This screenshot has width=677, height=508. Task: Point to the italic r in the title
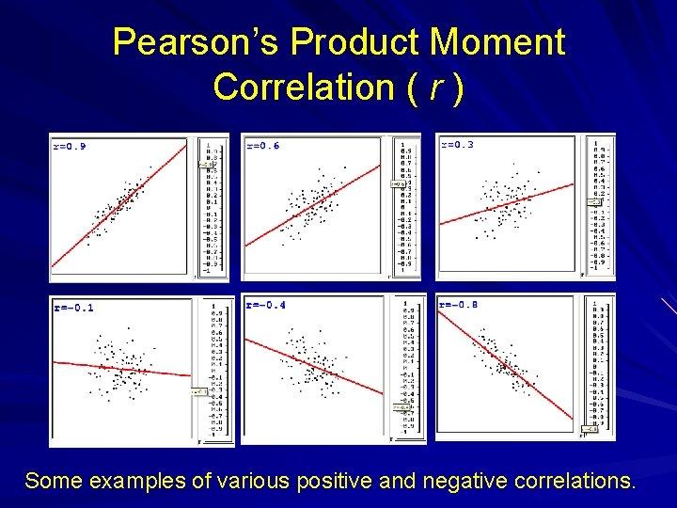point(435,87)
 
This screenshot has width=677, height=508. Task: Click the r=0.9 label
point(70,146)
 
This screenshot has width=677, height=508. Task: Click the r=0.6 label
point(262,146)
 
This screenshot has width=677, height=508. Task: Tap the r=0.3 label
point(457,145)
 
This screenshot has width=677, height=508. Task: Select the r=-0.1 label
point(73,308)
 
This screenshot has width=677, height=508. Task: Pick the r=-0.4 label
point(266,306)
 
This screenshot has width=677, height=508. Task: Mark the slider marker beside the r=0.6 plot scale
point(397,184)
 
